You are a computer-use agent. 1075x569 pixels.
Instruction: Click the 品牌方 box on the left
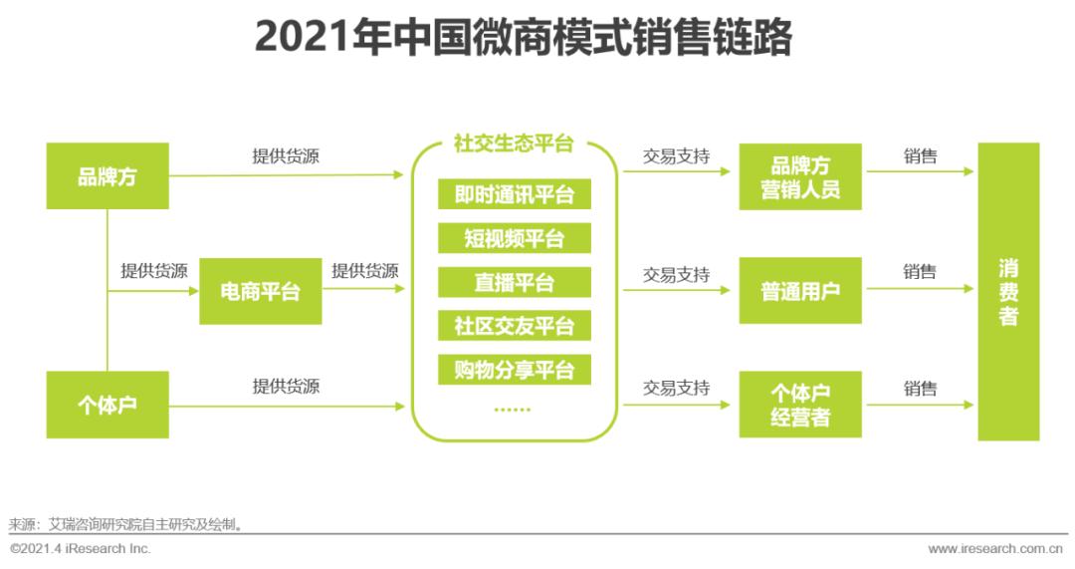(x=107, y=176)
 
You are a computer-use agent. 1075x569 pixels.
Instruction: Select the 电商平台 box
(x=261, y=291)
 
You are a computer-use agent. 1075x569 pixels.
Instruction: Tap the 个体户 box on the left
(x=107, y=405)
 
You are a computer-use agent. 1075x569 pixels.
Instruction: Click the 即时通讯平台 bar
(x=515, y=193)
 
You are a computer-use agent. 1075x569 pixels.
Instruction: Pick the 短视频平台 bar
(x=515, y=238)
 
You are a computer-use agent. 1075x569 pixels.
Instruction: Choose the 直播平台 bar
(x=515, y=282)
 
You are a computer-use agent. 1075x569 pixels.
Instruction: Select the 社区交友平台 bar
(x=515, y=326)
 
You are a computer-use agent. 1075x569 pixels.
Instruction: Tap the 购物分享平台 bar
(x=515, y=370)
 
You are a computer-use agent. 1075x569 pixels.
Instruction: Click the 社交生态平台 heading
(x=515, y=143)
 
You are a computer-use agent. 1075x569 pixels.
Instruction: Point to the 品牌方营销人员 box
(x=800, y=176)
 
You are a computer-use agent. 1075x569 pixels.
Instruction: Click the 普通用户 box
(x=800, y=291)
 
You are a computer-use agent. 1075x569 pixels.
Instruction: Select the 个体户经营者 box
(x=800, y=405)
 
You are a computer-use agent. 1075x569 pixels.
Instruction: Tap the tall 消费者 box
(x=1008, y=291)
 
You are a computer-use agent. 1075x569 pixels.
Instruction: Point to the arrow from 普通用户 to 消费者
(x=920, y=290)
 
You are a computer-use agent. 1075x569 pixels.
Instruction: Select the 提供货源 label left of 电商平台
(x=154, y=271)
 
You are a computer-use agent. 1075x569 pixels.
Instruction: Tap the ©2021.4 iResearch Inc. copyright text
(x=81, y=549)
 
